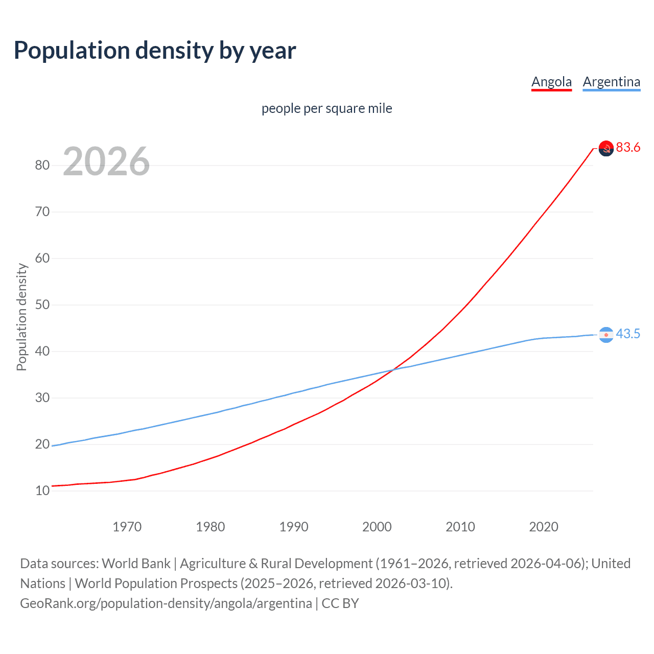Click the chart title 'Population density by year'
pyautogui.click(x=155, y=51)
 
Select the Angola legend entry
pyautogui.click(x=551, y=82)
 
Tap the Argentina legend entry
pyautogui.click(x=611, y=82)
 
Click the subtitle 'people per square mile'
pyautogui.click(x=326, y=108)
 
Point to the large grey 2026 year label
pyautogui.click(x=106, y=161)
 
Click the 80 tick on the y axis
pyautogui.click(x=42, y=165)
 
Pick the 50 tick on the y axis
pyautogui.click(x=42, y=305)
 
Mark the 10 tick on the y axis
pyautogui.click(x=42, y=491)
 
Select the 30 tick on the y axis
pyautogui.click(x=42, y=398)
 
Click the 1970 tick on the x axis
pyautogui.click(x=127, y=527)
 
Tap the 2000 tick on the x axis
pyautogui.click(x=377, y=527)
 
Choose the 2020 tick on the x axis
pyautogui.click(x=543, y=527)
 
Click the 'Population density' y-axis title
pyautogui.click(x=21, y=317)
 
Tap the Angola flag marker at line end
pyautogui.click(x=606, y=149)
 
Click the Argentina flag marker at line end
pyautogui.click(x=606, y=335)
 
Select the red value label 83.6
pyautogui.click(x=628, y=148)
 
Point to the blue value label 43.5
pyautogui.click(x=628, y=334)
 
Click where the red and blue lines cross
pyautogui.click(x=392, y=370)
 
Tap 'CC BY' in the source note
pyautogui.click(x=340, y=603)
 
